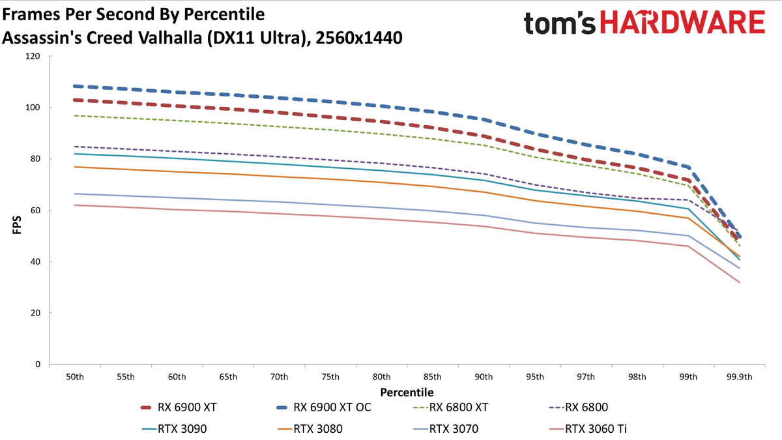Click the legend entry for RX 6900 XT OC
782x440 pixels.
coord(324,407)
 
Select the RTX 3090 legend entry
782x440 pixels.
coord(174,428)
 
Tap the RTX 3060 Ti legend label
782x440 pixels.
coord(596,428)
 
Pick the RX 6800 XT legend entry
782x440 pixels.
coord(450,407)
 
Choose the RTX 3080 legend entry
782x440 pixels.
coord(310,428)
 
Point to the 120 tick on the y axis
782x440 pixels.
coord(33,56)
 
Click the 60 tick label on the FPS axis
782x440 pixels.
coord(35,210)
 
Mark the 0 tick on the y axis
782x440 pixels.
coord(38,364)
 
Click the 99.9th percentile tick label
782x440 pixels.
coord(740,377)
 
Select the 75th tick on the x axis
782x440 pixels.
coord(330,377)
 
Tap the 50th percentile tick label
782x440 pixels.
coord(75,377)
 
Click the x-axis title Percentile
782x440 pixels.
coord(407,392)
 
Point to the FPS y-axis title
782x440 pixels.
coord(17,225)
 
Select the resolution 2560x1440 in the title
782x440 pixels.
coord(358,38)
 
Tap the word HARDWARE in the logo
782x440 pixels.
coord(682,22)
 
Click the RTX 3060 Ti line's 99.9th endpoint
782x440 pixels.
coord(740,282)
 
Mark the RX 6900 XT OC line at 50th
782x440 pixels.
coord(75,86)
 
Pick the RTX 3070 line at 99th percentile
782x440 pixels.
coord(688,236)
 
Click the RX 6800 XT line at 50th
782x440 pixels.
coord(75,115)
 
